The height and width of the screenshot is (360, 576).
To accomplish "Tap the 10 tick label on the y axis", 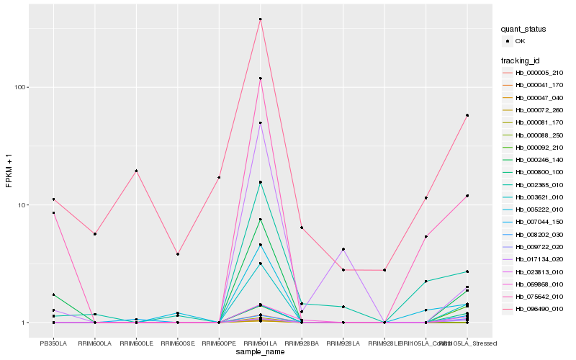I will click(21, 205).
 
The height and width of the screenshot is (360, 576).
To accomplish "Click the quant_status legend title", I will click(524, 29).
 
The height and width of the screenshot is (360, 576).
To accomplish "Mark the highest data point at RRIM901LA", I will click(260, 19).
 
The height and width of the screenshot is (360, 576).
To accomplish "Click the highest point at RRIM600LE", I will click(136, 171).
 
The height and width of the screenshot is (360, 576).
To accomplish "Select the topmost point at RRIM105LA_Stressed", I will click(467, 115).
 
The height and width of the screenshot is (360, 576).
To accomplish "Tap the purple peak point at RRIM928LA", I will click(343, 249).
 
